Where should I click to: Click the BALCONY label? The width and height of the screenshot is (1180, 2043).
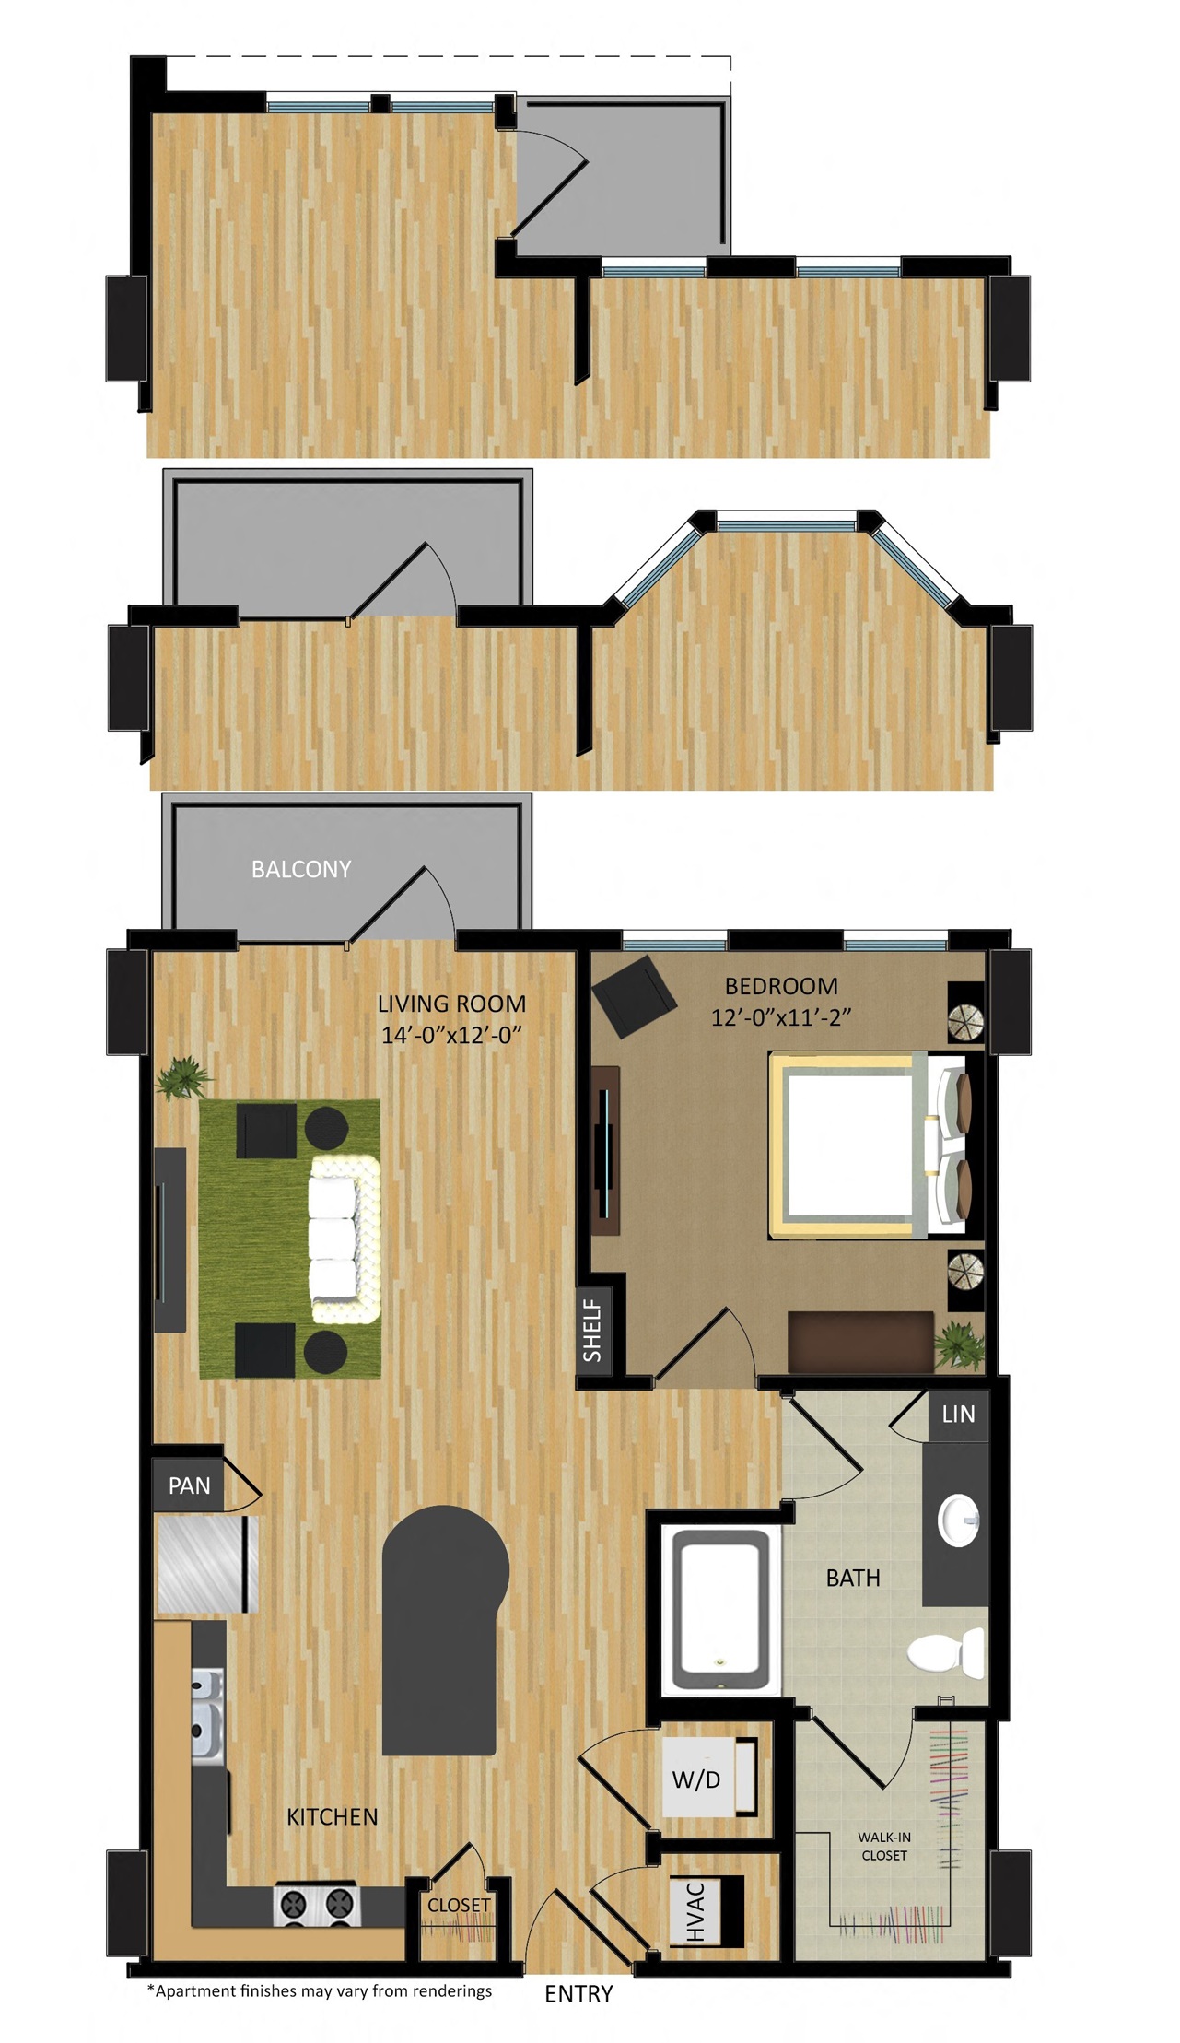(301, 869)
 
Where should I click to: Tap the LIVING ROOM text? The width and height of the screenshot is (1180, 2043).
(451, 1004)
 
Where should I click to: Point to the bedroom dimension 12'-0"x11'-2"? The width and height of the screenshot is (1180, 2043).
(781, 1017)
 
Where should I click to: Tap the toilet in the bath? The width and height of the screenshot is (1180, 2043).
(946, 1652)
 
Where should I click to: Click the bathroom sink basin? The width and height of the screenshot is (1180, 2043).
(958, 1518)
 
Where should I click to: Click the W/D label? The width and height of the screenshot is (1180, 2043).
(696, 1779)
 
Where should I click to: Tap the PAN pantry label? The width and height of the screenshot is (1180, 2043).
(189, 1485)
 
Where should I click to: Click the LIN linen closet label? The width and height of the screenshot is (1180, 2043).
(958, 1414)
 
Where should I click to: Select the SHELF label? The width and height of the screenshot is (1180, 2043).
(592, 1331)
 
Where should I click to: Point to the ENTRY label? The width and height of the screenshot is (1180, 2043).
(578, 1994)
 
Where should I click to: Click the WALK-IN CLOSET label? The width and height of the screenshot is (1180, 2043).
(884, 1846)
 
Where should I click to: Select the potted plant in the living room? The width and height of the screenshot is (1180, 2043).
(184, 1077)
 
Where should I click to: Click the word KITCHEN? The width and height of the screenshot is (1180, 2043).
(333, 1816)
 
